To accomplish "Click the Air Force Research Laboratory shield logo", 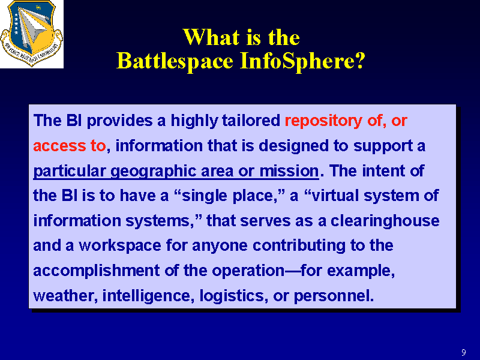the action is (x=32, y=34).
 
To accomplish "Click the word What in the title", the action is (x=211, y=37).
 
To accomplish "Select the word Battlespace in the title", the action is (x=175, y=61).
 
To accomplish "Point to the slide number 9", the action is (x=464, y=352).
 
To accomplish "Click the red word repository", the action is (x=323, y=121).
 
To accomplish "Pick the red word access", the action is (x=59, y=146).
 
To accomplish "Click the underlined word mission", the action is (x=289, y=171).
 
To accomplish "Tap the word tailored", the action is (x=251, y=121).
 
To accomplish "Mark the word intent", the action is (x=383, y=171).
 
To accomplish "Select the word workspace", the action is (x=119, y=246).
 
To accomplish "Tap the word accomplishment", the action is (x=97, y=271).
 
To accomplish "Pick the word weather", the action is (x=65, y=296).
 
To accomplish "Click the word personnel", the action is (x=334, y=296).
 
